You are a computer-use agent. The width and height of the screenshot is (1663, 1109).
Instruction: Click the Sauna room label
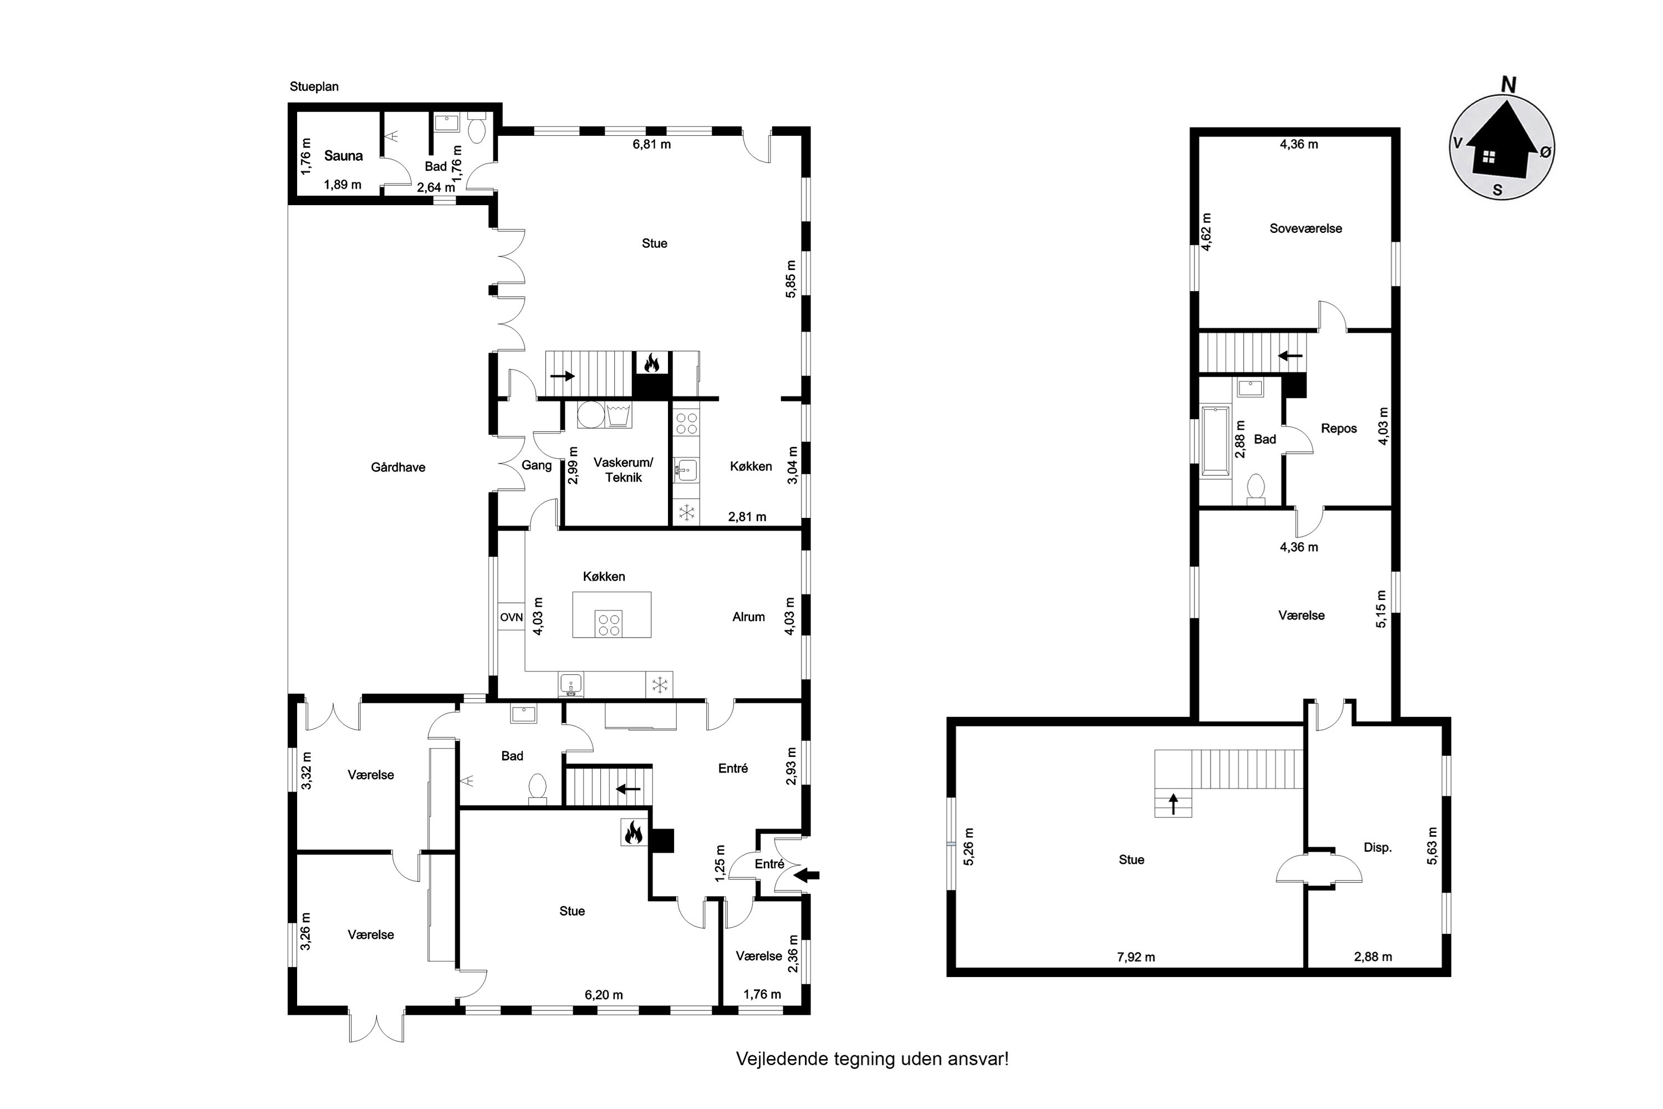pyautogui.click(x=344, y=156)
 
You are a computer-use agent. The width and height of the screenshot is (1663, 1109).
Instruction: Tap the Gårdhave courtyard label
pyautogui.click(x=398, y=467)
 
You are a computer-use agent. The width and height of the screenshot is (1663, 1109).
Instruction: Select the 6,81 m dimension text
pyautogui.click(x=651, y=144)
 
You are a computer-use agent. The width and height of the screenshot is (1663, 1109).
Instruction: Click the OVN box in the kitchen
pyautogui.click(x=511, y=618)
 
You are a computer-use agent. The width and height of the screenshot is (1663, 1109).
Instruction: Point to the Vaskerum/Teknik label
pyautogui.click(x=623, y=470)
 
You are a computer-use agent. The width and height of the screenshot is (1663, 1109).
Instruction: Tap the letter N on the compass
pyautogui.click(x=1508, y=85)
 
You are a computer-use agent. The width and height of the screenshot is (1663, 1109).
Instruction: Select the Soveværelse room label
pyautogui.click(x=1305, y=228)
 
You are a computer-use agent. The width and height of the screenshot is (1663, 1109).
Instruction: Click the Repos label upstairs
pyautogui.click(x=1339, y=429)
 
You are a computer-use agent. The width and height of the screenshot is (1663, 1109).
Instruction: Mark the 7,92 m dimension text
pyautogui.click(x=1135, y=958)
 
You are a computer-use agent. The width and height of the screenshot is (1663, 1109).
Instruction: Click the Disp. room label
pyautogui.click(x=1378, y=847)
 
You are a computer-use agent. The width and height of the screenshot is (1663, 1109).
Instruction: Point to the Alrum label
pyautogui.click(x=748, y=617)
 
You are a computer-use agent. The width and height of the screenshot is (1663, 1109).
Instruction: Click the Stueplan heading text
pyautogui.click(x=314, y=87)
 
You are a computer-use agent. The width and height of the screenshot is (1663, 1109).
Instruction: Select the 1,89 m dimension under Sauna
pyautogui.click(x=342, y=185)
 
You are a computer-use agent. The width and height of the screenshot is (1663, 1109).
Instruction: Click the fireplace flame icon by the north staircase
pyautogui.click(x=651, y=364)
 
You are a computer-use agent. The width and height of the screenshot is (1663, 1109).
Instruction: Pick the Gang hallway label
pyautogui.click(x=536, y=465)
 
